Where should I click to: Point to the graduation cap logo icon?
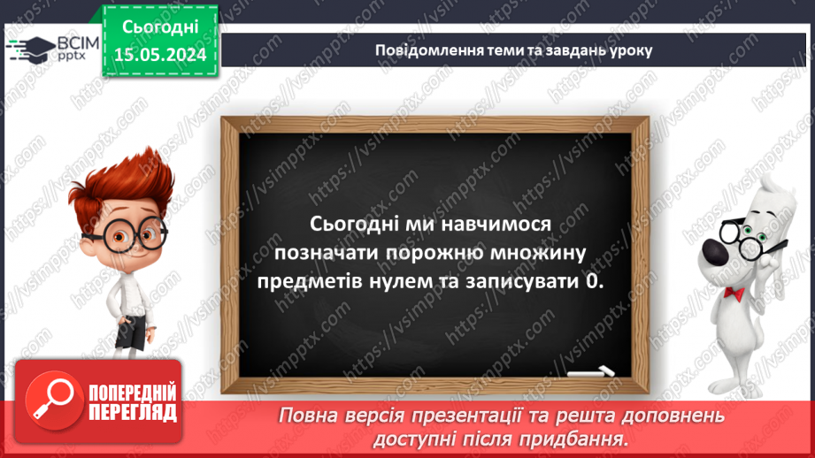pyautogui.click(x=34, y=47)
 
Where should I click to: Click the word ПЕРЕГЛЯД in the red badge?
pyautogui.click(x=133, y=413)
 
